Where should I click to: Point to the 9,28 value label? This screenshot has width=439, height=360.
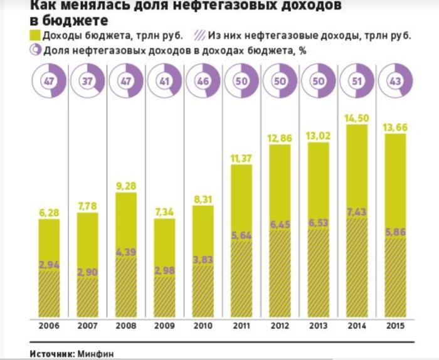pos(126,186)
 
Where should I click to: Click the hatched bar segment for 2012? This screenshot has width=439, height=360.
pos(280,276)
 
